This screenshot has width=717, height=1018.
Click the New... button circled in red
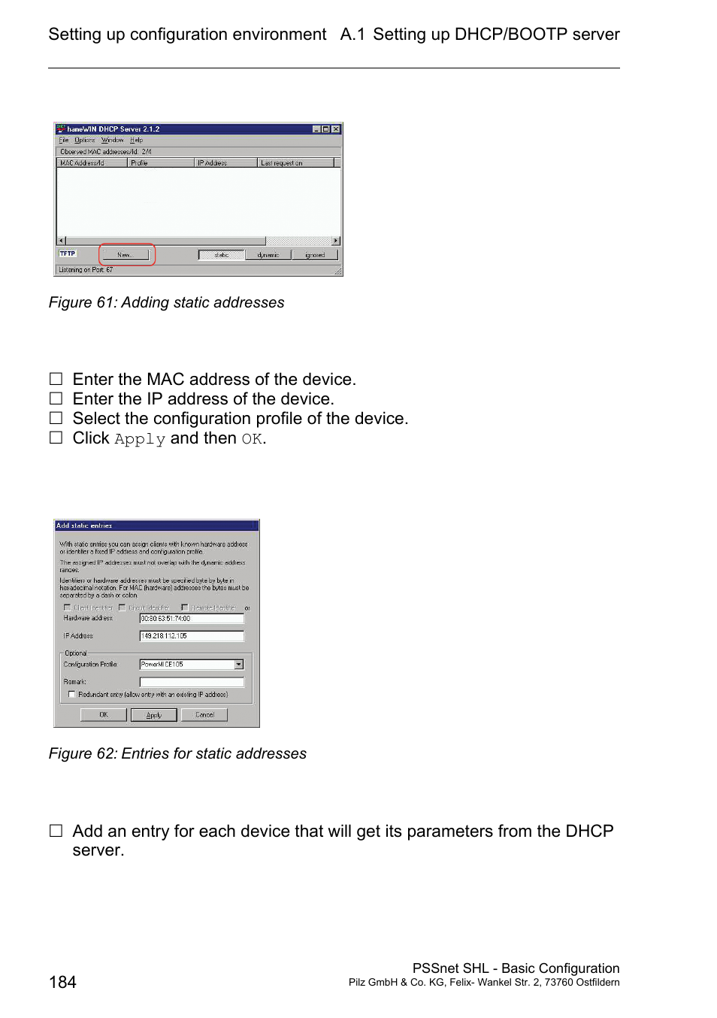[125, 255]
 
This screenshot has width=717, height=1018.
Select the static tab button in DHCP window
[221, 255]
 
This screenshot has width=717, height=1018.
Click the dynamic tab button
[268, 255]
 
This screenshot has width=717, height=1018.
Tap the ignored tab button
[315, 255]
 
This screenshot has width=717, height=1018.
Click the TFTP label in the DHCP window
[68, 253]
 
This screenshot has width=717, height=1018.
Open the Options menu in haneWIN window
[84, 140]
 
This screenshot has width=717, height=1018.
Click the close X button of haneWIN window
[336, 129]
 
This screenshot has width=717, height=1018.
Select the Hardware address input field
[192, 619]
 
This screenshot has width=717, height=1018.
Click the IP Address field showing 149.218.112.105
[192, 636]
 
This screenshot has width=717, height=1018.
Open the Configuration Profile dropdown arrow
[239, 665]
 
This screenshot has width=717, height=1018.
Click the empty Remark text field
[192, 682]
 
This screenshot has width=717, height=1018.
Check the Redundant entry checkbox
[72, 695]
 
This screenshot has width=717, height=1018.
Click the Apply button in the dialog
[153, 715]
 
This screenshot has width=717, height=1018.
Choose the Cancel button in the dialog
[204, 715]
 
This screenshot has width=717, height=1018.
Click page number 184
[62, 982]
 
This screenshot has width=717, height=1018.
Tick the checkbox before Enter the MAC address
[56, 379]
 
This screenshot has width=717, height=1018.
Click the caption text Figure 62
[177, 753]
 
